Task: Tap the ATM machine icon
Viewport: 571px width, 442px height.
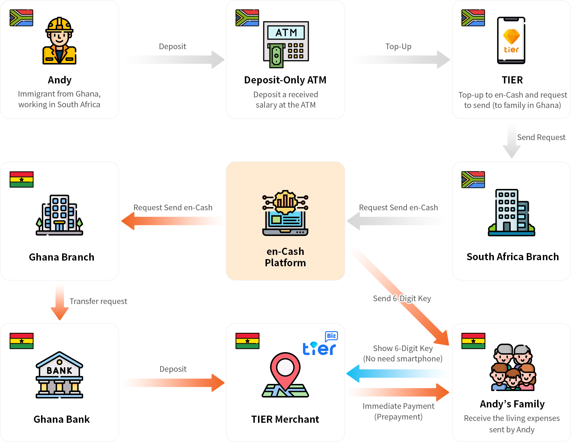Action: click(286, 44)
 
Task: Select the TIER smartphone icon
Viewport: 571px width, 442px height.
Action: click(511, 40)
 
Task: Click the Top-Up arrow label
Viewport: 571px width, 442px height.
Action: click(398, 46)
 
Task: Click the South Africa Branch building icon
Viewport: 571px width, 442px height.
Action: click(511, 212)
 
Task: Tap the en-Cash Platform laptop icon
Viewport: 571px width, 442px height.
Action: click(285, 213)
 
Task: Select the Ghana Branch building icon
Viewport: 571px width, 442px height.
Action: click(59, 215)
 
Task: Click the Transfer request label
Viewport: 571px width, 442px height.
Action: click(98, 301)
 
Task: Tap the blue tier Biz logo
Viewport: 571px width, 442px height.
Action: click(320, 344)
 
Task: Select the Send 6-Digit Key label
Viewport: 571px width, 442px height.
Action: click(402, 298)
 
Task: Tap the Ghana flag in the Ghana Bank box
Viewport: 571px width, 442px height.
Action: click(21, 341)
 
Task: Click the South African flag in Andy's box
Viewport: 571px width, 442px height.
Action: click(21, 18)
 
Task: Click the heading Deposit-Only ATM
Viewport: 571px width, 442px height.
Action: click(285, 80)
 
